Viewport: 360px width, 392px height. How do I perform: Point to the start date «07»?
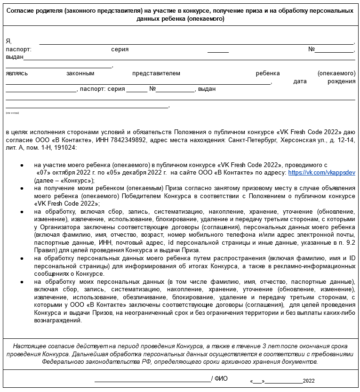43,173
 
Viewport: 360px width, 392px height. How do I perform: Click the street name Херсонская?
297,140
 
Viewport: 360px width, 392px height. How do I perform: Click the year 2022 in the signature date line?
309,381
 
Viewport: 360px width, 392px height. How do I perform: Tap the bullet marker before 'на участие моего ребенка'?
22,165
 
